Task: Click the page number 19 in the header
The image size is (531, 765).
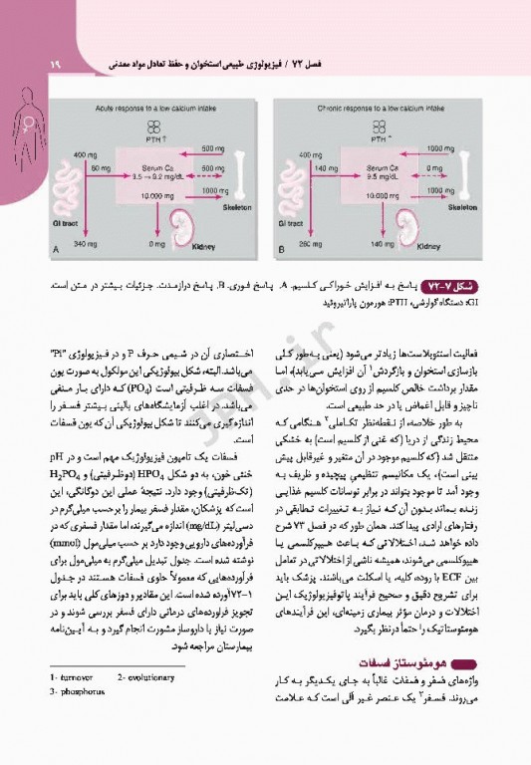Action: [27, 65]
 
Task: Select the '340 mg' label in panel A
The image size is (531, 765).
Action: [86, 244]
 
